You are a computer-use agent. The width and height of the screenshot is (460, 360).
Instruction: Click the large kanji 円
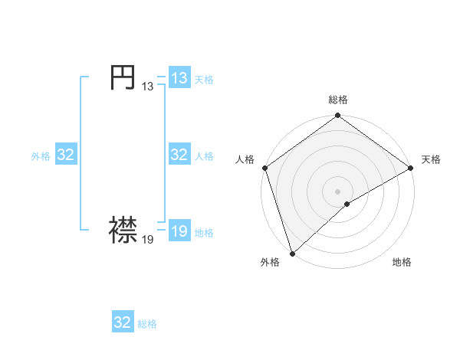coord(123,77)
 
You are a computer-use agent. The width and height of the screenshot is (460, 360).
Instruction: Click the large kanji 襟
coord(123,230)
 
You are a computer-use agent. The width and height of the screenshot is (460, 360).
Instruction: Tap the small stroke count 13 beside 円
coord(147,87)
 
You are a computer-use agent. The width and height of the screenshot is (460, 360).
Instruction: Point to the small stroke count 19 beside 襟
coord(147,239)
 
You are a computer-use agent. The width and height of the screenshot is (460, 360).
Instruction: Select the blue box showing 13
coord(179,78)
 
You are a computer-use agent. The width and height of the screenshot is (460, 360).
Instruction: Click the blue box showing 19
coord(179,231)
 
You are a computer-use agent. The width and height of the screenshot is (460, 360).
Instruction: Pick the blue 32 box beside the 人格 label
coord(179,155)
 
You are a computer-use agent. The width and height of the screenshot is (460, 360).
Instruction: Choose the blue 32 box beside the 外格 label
coord(65,155)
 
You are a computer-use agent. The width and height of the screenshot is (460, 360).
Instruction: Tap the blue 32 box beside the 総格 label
coord(123,322)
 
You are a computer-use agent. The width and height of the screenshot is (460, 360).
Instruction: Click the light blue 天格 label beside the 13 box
coord(204,80)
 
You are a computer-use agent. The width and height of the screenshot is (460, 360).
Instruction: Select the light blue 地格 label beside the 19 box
coord(204,233)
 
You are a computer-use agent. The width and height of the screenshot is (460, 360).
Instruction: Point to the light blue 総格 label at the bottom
coord(147,324)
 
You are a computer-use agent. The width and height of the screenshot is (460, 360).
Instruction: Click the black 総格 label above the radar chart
coord(338,100)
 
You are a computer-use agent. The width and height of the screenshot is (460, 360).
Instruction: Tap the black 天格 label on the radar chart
coord(432,159)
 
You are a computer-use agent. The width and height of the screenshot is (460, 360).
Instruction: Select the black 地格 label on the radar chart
coord(402,263)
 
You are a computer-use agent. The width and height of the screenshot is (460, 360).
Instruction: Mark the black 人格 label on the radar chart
coord(245,159)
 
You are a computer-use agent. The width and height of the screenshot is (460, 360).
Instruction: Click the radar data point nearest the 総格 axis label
coord(338,116)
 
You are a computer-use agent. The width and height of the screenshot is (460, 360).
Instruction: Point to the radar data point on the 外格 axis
coord(292,253)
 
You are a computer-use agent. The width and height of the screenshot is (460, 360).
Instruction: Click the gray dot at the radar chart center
coord(338,191)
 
